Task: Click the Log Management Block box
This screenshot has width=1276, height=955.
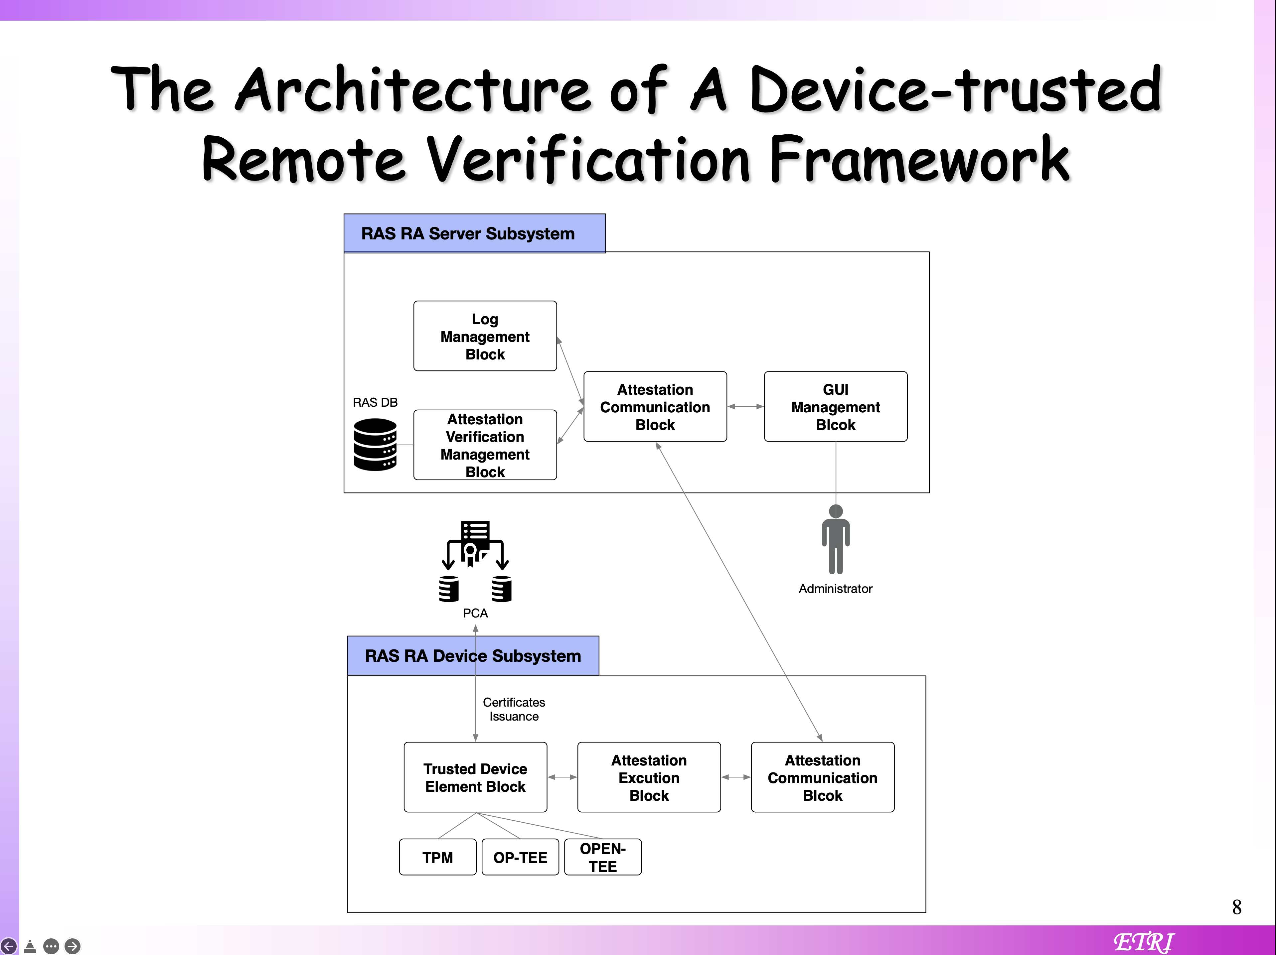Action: click(485, 336)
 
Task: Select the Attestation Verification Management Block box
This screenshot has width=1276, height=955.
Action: click(485, 445)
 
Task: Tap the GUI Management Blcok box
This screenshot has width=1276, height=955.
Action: click(835, 407)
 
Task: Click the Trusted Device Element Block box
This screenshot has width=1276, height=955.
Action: click(475, 777)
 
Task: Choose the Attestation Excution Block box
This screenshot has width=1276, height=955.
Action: click(649, 777)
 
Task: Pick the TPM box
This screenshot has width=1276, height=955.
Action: click(438, 858)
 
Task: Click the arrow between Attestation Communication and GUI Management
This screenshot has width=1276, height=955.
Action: click(745, 407)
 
